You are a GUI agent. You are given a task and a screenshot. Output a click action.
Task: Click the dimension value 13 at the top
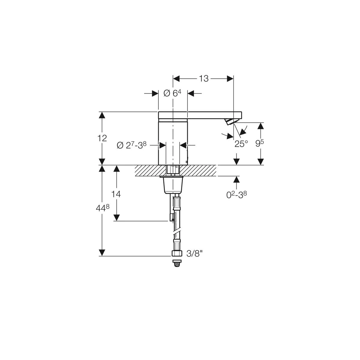(x=204, y=79)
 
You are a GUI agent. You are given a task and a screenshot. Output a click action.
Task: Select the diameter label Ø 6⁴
(x=172, y=93)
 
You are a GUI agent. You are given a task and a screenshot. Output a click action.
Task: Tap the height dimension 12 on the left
(x=102, y=138)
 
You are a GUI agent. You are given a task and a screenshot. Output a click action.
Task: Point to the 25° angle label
(x=241, y=144)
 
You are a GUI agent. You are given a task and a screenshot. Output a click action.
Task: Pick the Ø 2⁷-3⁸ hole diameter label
(x=132, y=145)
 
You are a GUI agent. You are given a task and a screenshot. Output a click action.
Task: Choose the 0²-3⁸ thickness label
(x=236, y=195)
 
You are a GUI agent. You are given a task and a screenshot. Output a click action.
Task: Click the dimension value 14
(x=116, y=194)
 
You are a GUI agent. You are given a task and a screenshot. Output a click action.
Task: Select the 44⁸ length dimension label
(x=103, y=208)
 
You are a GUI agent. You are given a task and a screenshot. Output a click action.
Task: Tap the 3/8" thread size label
(x=194, y=253)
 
